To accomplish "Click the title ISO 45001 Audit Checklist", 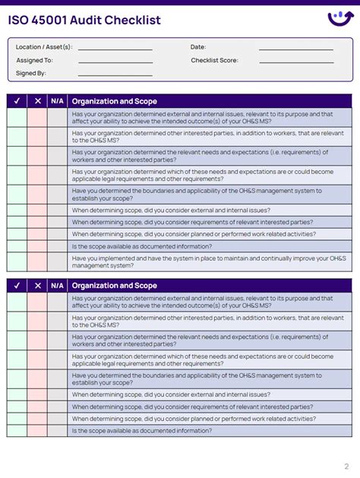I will coord(84,21).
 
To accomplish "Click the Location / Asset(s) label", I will coord(44,47).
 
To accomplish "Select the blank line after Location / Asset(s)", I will coord(115,49).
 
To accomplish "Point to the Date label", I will coord(198,47).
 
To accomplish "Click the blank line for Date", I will coord(295,49).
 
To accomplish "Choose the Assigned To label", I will coord(34,60).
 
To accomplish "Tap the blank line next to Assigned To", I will coord(115,62).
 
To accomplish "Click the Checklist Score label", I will coord(214,60).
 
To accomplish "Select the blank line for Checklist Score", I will coord(295,62).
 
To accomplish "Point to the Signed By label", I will coord(31,73).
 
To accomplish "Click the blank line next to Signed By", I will coord(115,74).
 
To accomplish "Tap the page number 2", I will coord(346,466).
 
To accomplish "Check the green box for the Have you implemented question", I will coord(17,261).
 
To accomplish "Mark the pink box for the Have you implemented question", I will coord(37,261).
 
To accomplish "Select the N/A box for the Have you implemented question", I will coord(57,261).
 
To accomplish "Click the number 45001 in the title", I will coord(51,21).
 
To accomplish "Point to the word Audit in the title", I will coord(90,21).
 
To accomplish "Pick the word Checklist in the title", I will coord(136,21).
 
